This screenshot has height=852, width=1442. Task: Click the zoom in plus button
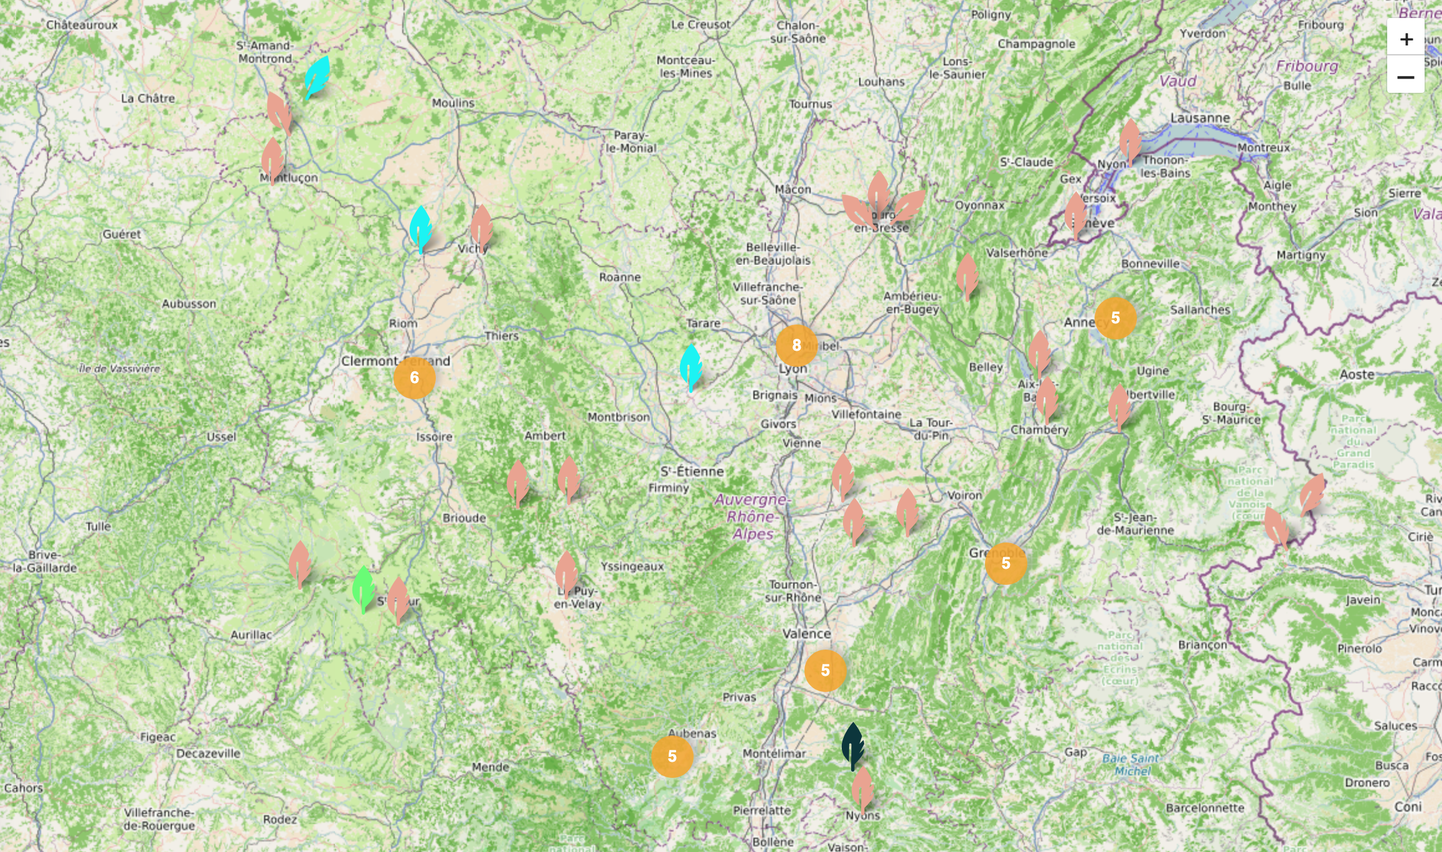point(1405,39)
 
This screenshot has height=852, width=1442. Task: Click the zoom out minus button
point(1405,77)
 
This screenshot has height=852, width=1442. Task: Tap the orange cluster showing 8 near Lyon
point(796,345)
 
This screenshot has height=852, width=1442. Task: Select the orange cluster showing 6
point(414,377)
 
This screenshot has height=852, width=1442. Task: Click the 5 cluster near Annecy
point(1115,318)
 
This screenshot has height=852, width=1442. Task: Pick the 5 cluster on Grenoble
point(1006,563)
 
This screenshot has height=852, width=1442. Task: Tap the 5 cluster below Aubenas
point(672,756)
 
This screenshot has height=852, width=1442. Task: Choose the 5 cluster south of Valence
point(825,670)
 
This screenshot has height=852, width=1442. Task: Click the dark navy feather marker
point(852,746)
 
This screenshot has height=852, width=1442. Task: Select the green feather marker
point(363,589)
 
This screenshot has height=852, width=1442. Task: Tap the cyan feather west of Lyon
point(690,367)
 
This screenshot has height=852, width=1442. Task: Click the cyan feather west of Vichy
point(421,229)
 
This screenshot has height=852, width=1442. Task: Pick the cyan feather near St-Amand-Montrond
point(317,77)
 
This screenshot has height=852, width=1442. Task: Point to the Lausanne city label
point(1200,118)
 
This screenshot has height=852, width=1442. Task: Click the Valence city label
point(806,633)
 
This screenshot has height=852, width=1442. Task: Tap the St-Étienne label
point(692,471)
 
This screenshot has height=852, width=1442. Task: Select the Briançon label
point(1202,645)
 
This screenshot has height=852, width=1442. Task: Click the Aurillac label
point(251,635)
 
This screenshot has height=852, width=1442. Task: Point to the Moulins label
point(453,103)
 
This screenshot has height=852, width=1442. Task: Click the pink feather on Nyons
point(862,789)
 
